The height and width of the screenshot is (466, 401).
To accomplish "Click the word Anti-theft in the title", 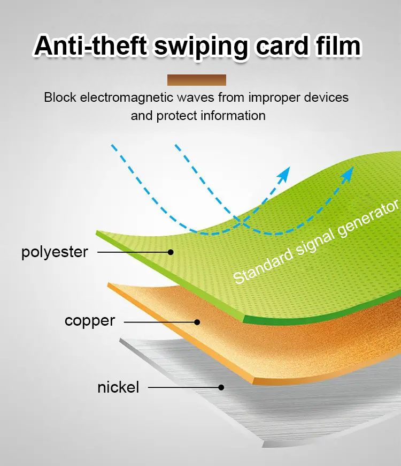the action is [91, 46].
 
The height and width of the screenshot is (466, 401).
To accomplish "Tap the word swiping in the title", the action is [202, 47].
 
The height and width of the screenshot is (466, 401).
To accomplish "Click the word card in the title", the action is [282, 46].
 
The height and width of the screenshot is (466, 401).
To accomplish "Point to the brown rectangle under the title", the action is [197, 80].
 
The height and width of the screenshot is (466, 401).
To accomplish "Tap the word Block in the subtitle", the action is [60, 97].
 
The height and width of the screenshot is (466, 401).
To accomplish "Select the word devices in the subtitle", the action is [326, 97].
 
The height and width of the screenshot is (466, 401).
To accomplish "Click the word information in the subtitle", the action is [232, 116].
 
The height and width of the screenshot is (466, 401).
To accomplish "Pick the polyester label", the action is [55, 253].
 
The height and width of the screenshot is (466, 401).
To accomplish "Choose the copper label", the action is [90, 321].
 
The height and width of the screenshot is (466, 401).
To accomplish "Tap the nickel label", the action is [118, 387].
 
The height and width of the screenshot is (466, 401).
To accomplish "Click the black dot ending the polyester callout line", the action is [171, 252].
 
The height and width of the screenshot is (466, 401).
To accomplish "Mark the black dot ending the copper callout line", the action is [197, 322].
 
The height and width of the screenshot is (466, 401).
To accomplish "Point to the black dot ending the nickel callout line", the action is [221, 388].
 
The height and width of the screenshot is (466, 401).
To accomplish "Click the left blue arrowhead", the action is [284, 174].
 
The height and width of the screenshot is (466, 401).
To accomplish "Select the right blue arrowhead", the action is [348, 174].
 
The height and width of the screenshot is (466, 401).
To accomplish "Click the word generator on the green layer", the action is [369, 218].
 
